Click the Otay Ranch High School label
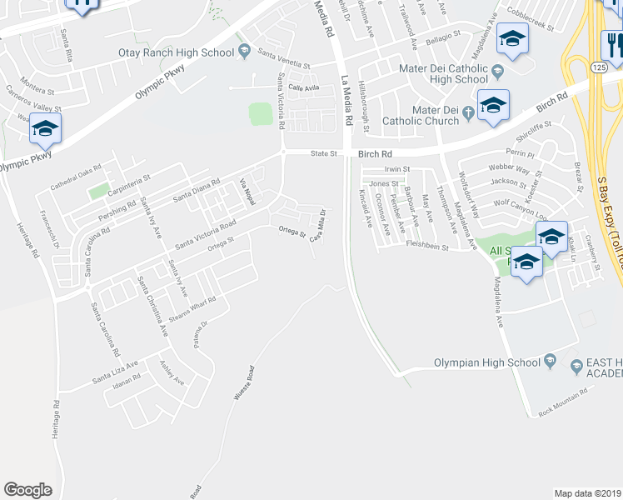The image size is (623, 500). point(188,52)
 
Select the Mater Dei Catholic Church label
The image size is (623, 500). point(421,120)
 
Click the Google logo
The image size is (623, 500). point(27,490)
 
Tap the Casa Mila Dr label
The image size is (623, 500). point(317,226)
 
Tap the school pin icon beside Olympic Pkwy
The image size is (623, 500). point(45,131)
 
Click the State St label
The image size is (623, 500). point(323,153)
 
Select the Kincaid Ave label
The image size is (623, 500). point(365,208)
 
